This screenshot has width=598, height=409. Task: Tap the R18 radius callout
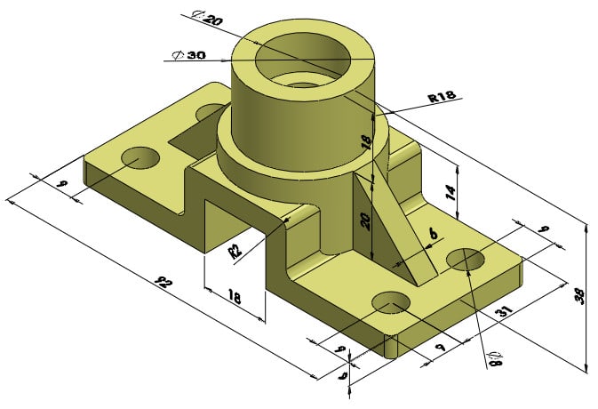click(x=442, y=98)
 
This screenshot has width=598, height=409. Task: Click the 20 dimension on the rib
click(x=364, y=220)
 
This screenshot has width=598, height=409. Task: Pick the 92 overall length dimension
click(x=162, y=284)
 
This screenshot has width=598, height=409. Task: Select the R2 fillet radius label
click(x=236, y=249)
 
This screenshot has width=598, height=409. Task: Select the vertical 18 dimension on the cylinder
click(x=364, y=142)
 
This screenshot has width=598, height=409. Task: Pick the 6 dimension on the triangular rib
click(x=433, y=233)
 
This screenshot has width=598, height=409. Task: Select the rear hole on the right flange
click(x=465, y=260)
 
